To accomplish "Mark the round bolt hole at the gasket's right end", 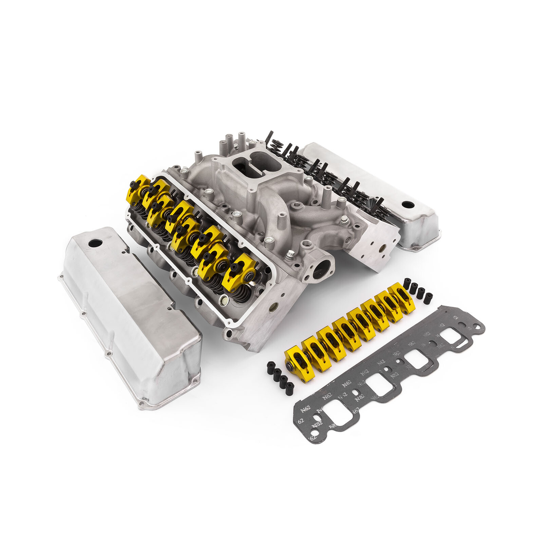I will pyautogui.click(x=478, y=326).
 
